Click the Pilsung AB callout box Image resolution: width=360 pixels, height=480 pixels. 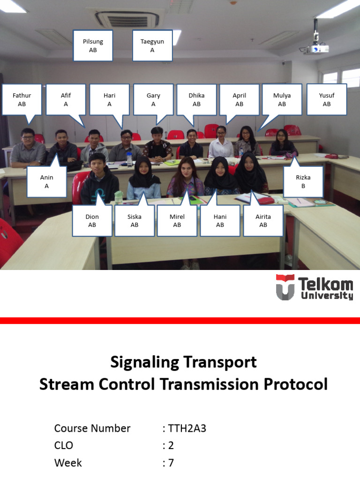pyautogui.click(x=93, y=45)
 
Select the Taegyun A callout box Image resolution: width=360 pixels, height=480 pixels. pyautogui.click(x=152, y=45)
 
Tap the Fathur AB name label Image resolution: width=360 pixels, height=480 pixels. pyautogui.click(x=22, y=99)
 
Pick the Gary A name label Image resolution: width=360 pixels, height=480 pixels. pyautogui.click(x=153, y=99)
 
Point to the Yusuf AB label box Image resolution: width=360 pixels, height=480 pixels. pyautogui.click(x=327, y=99)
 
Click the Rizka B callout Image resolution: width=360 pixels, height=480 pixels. pyautogui.click(x=303, y=182)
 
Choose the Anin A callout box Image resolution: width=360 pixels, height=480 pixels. pyautogui.click(x=47, y=182)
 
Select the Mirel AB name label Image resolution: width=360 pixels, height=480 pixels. pyautogui.click(x=177, y=221)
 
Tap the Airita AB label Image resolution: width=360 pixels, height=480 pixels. pyautogui.click(x=263, y=221)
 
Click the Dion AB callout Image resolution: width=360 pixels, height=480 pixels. pyautogui.click(x=92, y=221)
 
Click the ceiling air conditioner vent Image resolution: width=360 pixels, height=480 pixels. pyautogui.click(x=127, y=19)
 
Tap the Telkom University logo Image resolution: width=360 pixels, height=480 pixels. pyautogui.click(x=314, y=287)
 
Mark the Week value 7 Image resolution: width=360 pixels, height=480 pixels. pyautogui.click(x=171, y=463)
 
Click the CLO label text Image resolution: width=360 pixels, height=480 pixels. pyautogui.click(x=64, y=445)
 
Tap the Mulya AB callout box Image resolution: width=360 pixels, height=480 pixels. pyautogui.click(x=282, y=99)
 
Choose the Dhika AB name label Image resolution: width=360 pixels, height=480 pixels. pyautogui.click(x=197, y=99)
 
